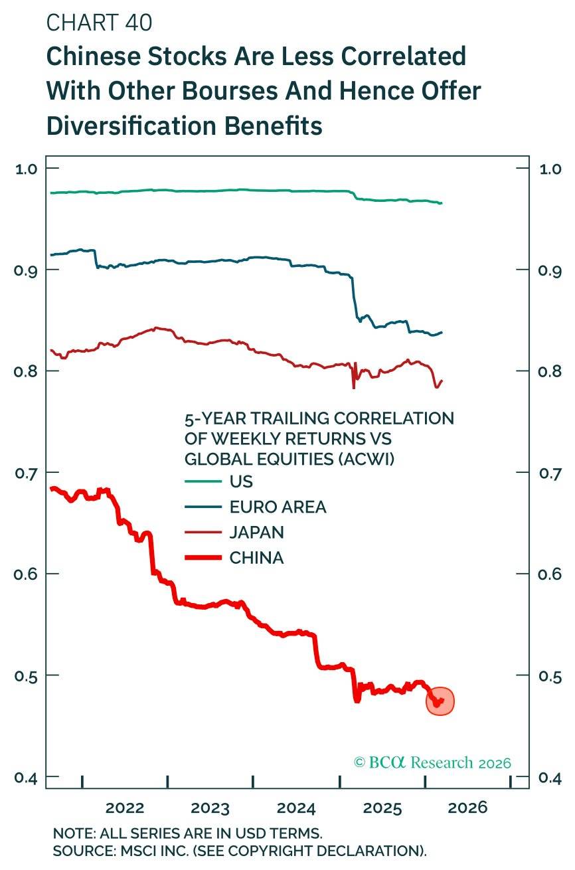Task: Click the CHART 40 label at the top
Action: tap(99, 23)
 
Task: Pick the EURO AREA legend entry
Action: tap(278, 507)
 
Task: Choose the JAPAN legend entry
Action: tap(256, 533)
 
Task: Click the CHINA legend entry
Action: tap(256, 558)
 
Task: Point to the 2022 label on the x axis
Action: tap(125, 808)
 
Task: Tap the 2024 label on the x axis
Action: tap(296, 808)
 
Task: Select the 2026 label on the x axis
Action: tap(468, 808)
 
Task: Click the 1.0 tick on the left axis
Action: tap(25, 168)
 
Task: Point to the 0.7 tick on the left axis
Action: tap(25, 472)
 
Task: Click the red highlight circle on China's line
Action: tap(440, 701)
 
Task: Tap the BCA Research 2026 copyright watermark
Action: tap(433, 762)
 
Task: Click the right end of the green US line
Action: tap(441, 203)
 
